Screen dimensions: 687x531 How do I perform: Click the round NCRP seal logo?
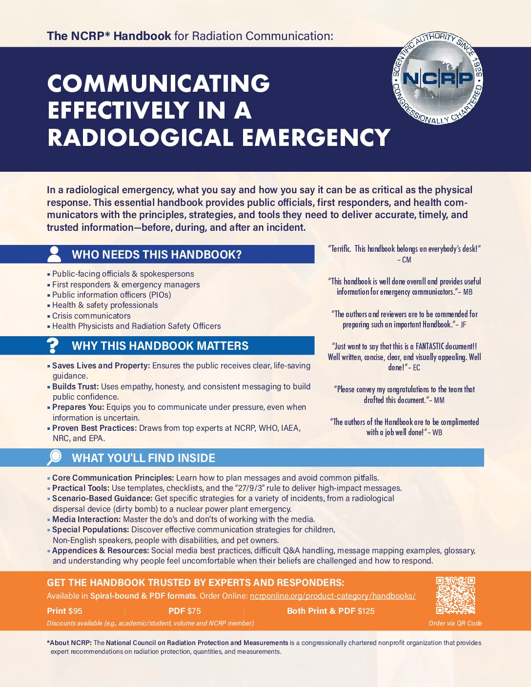click(438, 79)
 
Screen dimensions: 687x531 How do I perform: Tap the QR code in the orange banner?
click(455, 595)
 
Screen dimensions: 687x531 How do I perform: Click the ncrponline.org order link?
click(332, 596)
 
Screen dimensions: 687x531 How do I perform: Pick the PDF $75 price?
click(184, 611)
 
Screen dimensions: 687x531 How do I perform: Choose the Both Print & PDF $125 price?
click(330, 611)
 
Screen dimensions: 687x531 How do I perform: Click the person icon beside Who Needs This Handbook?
click(54, 254)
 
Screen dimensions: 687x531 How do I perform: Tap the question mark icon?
click(52, 345)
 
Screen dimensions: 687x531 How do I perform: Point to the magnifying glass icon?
click(54, 457)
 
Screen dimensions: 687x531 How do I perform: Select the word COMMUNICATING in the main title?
click(159, 83)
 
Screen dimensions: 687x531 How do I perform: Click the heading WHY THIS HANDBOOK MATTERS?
click(160, 346)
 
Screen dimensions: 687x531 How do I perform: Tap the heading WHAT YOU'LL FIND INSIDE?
click(143, 458)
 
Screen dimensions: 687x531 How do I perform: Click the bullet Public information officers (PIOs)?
click(111, 295)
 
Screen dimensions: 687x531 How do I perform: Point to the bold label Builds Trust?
click(75, 386)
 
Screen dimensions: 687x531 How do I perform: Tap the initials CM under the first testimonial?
click(407, 260)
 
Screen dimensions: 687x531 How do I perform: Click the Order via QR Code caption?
click(455, 623)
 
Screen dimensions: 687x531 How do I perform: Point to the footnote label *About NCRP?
click(69, 643)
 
